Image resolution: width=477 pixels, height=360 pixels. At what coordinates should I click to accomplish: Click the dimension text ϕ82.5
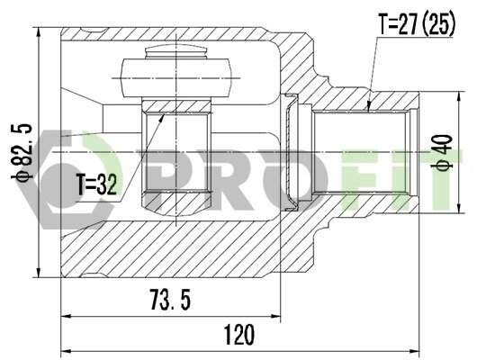pos(22,152)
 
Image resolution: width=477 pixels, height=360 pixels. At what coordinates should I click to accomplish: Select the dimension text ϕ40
pos(442,152)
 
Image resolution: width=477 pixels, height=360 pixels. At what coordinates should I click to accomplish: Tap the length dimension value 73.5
pos(171,300)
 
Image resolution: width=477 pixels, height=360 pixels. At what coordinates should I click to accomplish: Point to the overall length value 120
pos(239,335)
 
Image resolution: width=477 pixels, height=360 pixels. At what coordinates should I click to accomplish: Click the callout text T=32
pos(96,184)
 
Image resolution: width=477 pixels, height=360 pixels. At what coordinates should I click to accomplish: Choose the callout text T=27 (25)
pos(417,24)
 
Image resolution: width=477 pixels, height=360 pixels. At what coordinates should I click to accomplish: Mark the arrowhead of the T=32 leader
pos(162,118)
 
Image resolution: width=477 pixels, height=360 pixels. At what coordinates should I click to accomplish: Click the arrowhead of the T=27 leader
pos(368,107)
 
